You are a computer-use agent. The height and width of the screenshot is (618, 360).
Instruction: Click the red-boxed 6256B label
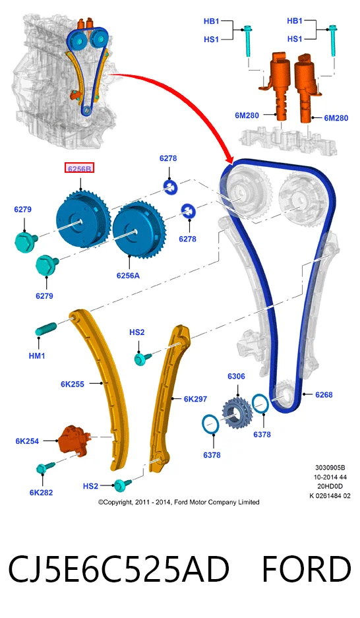click(79, 168)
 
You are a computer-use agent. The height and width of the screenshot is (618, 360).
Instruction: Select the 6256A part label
click(128, 276)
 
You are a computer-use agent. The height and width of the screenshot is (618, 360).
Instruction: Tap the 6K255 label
click(73, 384)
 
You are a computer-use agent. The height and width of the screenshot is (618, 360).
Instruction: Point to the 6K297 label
click(195, 399)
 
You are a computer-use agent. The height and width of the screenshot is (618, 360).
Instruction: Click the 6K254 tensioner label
click(27, 441)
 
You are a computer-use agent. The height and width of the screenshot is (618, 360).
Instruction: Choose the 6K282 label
click(41, 492)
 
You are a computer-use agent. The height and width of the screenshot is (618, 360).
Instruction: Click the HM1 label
click(37, 356)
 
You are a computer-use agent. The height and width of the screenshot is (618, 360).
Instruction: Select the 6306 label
click(236, 377)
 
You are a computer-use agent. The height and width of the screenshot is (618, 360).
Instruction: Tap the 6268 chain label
click(324, 394)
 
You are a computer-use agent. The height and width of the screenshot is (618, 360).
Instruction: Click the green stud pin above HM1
click(46, 328)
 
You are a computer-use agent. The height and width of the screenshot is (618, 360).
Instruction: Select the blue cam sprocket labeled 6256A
click(139, 230)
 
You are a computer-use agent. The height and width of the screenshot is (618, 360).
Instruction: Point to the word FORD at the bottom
click(306, 569)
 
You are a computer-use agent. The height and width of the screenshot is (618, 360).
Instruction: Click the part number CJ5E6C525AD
click(118, 569)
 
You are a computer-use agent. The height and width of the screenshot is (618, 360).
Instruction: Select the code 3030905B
click(330, 468)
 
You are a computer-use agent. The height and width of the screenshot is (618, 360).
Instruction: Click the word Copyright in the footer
click(116, 503)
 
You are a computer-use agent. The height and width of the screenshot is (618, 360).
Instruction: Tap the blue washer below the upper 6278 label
click(171, 186)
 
